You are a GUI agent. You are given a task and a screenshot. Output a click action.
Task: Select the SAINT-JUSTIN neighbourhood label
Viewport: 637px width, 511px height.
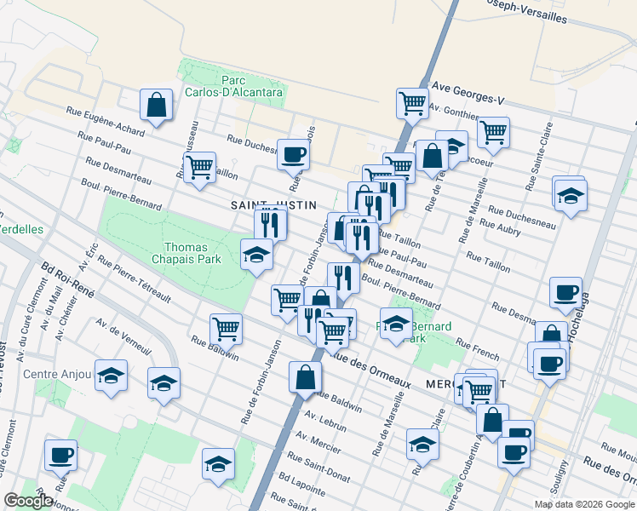[x=273, y=205]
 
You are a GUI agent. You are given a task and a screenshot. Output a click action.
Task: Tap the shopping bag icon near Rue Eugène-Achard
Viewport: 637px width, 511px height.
[x=157, y=106]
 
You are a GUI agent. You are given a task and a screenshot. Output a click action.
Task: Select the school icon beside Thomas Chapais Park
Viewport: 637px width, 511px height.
[x=256, y=255]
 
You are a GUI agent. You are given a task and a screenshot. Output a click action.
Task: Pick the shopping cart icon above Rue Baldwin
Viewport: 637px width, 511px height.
[x=226, y=328]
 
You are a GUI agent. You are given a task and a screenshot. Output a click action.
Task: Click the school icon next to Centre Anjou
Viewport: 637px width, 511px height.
[x=111, y=376]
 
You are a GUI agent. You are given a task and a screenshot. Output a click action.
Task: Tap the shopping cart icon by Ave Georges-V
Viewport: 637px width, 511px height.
[x=412, y=103]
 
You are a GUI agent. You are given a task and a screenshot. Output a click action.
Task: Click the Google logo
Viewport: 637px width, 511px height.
[x=29, y=502]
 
